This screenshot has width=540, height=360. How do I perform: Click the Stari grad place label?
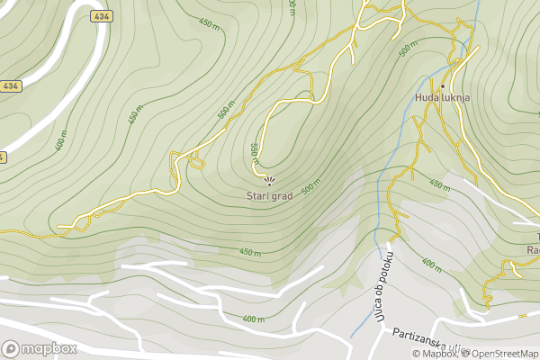pos(270,195)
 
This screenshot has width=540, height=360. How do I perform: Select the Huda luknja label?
pos(443,97)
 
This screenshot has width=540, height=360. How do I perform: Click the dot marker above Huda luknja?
pos(443,85)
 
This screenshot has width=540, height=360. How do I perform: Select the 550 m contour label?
pos(255,154)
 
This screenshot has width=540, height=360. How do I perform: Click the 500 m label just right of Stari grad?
pos(311,187)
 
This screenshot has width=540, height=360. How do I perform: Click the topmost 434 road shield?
pos(101,17)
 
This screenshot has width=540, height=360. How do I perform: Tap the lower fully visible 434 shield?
pos(10,86)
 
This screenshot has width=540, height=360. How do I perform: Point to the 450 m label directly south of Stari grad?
pos(249,251)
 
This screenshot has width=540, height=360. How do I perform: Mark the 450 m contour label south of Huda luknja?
pos(439,185)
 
